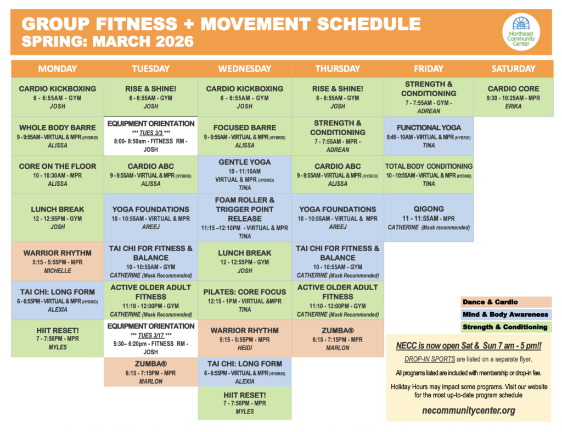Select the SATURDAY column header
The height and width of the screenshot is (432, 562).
click(x=513, y=69)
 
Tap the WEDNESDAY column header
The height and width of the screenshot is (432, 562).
click(x=245, y=69)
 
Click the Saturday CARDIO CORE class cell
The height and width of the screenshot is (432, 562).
click(x=513, y=97)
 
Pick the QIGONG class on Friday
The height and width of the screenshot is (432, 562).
click(x=429, y=218)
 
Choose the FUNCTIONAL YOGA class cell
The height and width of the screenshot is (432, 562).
click(x=429, y=136)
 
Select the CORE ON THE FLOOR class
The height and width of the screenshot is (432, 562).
click(x=58, y=174)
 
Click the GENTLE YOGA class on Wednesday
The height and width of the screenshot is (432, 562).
click(x=245, y=174)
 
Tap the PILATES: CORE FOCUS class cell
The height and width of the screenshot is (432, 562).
click(x=245, y=300)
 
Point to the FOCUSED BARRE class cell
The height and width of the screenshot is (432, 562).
click(x=245, y=136)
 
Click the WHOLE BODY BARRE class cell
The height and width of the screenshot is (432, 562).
click(x=58, y=136)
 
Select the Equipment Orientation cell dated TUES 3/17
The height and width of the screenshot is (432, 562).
click(x=151, y=339)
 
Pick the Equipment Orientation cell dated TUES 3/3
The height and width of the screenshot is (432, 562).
click(x=151, y=136)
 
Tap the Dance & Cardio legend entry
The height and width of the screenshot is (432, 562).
click(x=490, y=302)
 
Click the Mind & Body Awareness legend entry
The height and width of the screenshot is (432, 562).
click(x=505, y=314)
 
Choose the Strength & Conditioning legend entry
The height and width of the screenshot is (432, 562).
click(x=505, y=327)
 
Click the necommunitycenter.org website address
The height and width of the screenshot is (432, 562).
click(x=469, y=410)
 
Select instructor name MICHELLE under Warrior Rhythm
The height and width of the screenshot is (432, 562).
click(x=57, y=271)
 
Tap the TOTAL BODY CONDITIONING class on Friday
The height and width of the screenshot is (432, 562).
click(x=429, y=174)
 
